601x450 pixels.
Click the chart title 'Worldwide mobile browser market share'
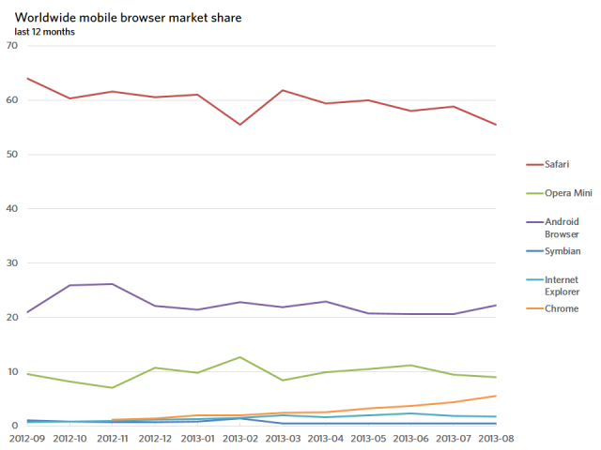tap(128, 18)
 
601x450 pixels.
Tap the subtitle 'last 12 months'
tap(44, 32)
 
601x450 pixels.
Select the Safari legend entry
tap(547, 164)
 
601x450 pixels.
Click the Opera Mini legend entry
tap(560, 193)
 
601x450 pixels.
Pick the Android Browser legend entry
tap(553, 228)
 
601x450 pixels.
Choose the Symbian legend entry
tap(553, 251)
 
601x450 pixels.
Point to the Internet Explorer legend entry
tap(553, 285)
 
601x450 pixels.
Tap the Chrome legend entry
tap(552, 308)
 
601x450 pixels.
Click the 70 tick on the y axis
tap(12, 46)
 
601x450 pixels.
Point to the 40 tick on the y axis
tap(12, 208)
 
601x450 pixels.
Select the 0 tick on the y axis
tap(15, 425)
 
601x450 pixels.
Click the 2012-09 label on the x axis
tap(27, 439)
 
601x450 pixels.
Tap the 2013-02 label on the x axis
tap(240, 439)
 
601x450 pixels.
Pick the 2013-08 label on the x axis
tap(496, 439)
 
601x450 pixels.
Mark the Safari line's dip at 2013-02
tap(240, 125)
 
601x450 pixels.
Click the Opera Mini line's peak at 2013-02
tap(240, 357)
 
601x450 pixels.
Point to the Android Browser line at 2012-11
tap(113, 284)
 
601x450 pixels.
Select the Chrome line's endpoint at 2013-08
tap(496, 396)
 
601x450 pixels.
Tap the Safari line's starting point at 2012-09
tap(27, 79)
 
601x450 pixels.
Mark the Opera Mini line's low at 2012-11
tap(113, 387)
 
